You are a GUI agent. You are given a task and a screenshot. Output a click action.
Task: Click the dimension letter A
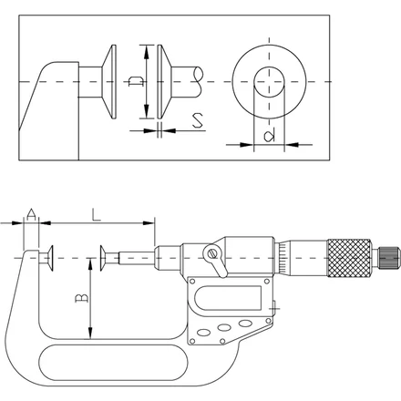(x=31, y=214)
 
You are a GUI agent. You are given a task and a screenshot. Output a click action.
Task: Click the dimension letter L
(x=96, y=214)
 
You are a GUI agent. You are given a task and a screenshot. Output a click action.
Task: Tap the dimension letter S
(x=198, y=120)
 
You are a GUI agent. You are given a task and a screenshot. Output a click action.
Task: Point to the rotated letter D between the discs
(x=136, y=81)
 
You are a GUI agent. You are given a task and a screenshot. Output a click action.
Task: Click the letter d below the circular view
(x=270, y=135)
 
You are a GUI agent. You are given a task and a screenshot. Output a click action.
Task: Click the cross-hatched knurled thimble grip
(x=349, y=258)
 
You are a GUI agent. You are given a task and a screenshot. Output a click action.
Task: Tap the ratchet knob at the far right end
(x=387, y=258)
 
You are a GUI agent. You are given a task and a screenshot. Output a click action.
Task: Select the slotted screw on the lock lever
(x=211, y=252)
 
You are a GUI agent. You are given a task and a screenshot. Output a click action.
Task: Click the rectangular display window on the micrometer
(x=228, y=298)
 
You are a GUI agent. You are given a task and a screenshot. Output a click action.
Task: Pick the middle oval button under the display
(x=224, y=327)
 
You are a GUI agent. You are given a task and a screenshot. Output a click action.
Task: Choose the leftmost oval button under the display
(x=203, y=333)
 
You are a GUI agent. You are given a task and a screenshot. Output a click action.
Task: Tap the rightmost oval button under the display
(x=245, y=323)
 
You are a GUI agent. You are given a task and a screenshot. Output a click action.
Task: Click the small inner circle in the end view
(x=269, y=82)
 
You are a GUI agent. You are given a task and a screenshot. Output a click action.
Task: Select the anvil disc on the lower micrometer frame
(x=50, y=258)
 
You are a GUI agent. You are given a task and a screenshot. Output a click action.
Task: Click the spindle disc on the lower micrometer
(x=103, y=258)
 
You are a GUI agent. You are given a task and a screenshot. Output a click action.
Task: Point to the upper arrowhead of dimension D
(x=147, y=52)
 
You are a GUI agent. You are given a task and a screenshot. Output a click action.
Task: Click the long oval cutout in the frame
(x=113, y=363)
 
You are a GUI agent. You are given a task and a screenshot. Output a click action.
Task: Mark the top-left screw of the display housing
(x=192, y=282)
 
